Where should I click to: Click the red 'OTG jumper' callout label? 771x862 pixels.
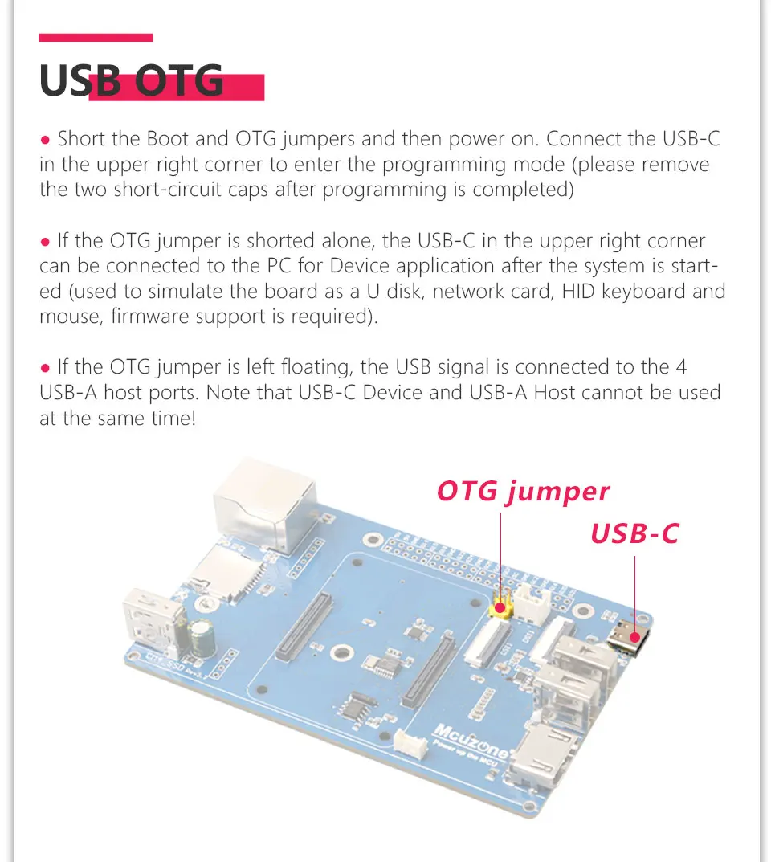(x=523, y=492)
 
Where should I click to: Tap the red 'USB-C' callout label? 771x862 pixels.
(x=634, y=533)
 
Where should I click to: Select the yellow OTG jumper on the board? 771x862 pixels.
(x=501, y=604)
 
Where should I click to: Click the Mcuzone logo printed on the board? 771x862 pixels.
(x=471, y=739)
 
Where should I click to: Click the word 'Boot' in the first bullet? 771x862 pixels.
(x=167, y=138)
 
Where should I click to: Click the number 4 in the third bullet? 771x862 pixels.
(x=681, y=366)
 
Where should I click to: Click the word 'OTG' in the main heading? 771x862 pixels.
(x=179, y=80)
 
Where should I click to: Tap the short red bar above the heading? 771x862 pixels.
(x=96, y=38)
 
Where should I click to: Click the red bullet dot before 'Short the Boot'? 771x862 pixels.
(x=45, y=140)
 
